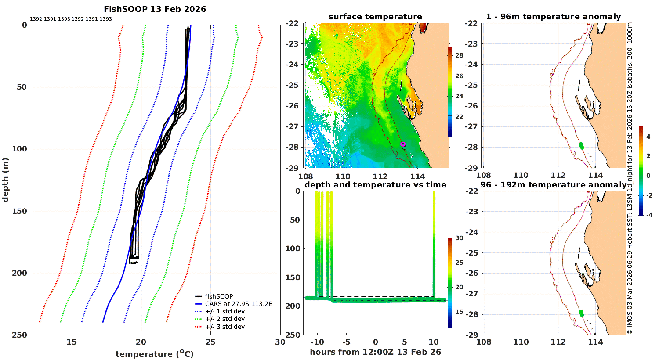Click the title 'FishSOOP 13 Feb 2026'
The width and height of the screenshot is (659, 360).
coord(155,9)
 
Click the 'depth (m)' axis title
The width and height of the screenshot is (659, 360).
coord(5,180)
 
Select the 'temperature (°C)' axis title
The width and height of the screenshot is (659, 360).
coord(155,354)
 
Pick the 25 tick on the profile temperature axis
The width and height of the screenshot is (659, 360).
coord(210,342)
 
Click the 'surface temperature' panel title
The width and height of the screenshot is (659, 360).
coord(375,17)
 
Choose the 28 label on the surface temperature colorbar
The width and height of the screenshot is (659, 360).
coord(459,55)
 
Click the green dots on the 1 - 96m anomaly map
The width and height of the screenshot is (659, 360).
coord(581,146)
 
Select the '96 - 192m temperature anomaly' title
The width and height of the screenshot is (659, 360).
coord(553,184)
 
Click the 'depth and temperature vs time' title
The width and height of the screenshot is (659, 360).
coord(375,184)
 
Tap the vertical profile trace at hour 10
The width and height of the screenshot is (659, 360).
coord(434,245)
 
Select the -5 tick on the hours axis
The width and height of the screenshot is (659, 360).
coord(346,342)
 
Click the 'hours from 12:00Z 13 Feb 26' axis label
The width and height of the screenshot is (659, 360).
coord(375,352)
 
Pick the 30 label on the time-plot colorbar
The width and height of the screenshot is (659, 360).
coord(459,238)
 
